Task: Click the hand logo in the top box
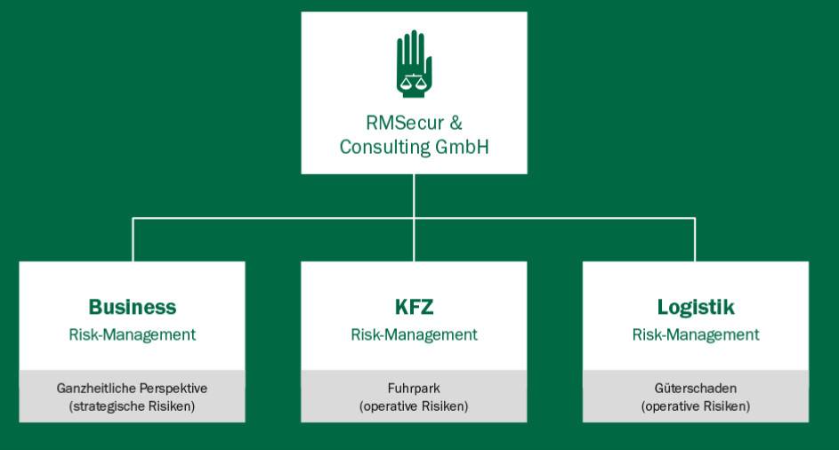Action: (414, 64)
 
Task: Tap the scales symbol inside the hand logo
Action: (414, 80)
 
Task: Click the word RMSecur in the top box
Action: (405, 123)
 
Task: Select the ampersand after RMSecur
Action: (456, 123)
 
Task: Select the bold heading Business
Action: (133, 307)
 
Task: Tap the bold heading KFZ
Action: (414, 307)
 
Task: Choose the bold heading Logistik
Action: (696, 308)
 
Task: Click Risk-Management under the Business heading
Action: (133, 335)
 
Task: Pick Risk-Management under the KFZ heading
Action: (414, 335)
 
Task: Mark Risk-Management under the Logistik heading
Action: (696, 335)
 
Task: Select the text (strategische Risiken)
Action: (132, 406)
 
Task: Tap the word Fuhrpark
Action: (414, 389)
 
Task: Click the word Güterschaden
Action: (696, 388)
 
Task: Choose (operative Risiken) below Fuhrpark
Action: (414, 406)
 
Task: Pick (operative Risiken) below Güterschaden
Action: (696, 406)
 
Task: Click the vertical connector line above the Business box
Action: (133, 240)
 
